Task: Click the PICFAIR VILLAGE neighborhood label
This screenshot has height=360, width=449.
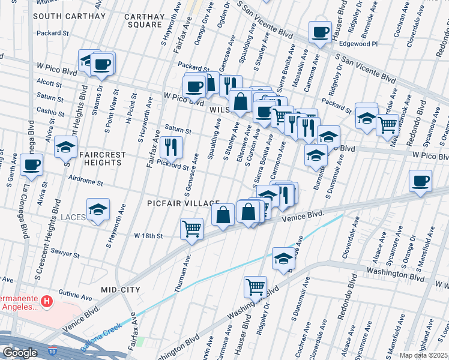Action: pos(183,203)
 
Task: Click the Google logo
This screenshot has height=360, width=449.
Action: pos(19,353)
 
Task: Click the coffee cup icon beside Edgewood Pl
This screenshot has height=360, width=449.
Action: pos(320,31)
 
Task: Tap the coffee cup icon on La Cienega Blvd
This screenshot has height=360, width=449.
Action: pos(32,164)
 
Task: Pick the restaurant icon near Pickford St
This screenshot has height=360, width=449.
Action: pos(171,146)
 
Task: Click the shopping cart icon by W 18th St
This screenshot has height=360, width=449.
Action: pos(191,229)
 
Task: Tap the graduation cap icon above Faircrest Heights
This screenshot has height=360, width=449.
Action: pos(65,146)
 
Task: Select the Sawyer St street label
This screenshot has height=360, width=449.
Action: pos(65,254)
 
